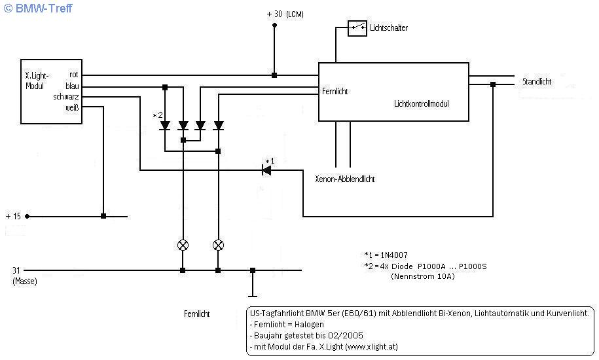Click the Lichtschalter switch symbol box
[x=357, y=29]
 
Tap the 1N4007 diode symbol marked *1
[x=266, y=170]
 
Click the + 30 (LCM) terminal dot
[x=274, y=25]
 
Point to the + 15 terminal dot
[x=27, y=216]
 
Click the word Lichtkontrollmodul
[x=422, y=103]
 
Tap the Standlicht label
[x=537, y=81]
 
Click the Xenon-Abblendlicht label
[x=344, y=179]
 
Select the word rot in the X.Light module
[x=74, y=75]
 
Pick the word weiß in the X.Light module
[x=72, y=107]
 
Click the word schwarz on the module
[x=66, y=97]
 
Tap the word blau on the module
[x=72, y=86]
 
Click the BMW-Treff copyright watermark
[x=38, y=8]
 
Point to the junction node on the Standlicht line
[x=493, y=84]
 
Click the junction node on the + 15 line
[x=103, y=216]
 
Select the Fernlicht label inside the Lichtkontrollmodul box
[x=335, y=91]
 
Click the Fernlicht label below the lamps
[x=197, y=314]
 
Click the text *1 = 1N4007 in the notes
[x=386, y=255]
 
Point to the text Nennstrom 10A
[x=423, y=276]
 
